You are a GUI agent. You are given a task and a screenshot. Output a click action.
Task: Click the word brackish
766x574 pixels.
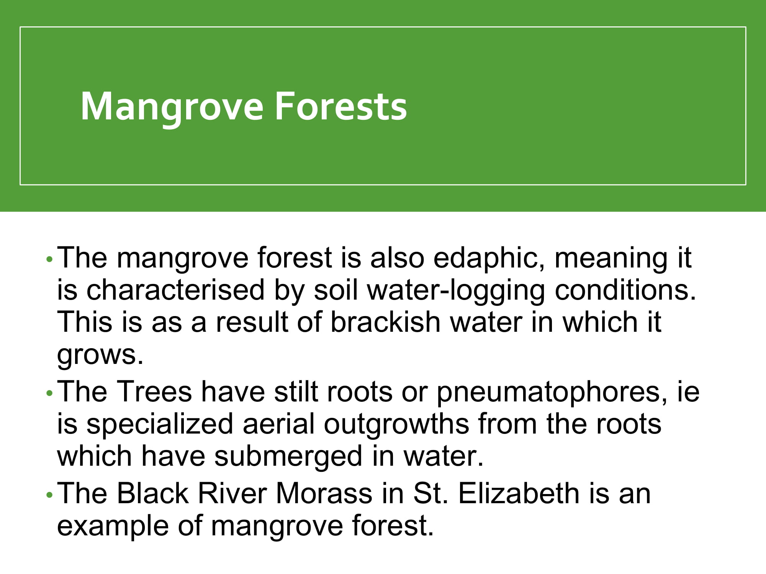pyautogui.click(x=385, y=322)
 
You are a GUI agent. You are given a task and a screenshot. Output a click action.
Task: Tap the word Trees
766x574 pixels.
pyautogui.click(x=154, y=391)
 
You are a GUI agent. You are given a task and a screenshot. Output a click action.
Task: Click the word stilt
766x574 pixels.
pyautogui.click(x=296, y=391)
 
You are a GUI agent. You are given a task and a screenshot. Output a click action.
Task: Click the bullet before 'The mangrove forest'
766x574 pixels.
pyautogui.click(x=49, y=259)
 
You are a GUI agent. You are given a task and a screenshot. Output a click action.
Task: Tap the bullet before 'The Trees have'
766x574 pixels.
pyautogui.click(x=49, y=393)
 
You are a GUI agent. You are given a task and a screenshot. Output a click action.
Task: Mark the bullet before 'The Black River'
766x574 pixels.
pyautogui.click(x=49, y=495)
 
